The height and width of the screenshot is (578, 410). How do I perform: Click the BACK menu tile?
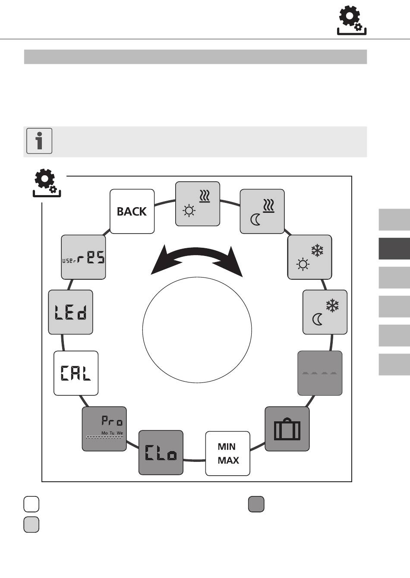[132, 212]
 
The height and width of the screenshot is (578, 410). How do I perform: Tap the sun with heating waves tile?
[198, 204]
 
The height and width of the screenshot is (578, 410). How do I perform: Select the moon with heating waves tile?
[262, 212]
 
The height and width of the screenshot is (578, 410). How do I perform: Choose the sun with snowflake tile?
[309, 257]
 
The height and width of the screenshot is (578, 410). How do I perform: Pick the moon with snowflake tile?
[325, 312]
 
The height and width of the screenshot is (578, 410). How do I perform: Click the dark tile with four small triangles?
[320, 373]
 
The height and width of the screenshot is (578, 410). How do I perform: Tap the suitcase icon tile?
[287, 429]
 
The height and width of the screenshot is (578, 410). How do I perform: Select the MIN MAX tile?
[228, 453]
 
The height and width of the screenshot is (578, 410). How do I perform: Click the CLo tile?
[161, 452]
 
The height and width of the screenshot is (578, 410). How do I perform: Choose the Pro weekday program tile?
[104, 429]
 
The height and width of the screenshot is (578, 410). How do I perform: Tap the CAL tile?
[76, 373]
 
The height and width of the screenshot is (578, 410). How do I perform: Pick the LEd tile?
[70, 312]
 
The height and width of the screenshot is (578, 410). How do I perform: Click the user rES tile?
[83, 257]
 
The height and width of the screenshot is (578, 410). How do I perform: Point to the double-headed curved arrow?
[197, 259]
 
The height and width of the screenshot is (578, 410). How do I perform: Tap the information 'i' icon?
[39, 141]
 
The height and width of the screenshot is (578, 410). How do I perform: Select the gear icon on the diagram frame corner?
[47, 183]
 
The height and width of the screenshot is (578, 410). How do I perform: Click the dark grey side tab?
[394, 249]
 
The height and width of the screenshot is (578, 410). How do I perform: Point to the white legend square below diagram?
[32, 504]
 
